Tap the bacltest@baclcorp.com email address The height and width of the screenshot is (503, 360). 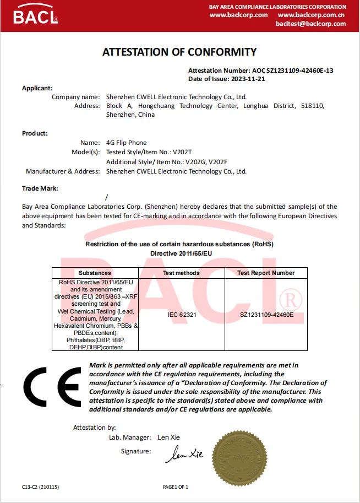coord(310,24)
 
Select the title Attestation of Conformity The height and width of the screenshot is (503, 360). coord(179,52)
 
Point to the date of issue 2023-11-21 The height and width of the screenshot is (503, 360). coord(248,79)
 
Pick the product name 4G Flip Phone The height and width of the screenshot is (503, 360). coord(127,143)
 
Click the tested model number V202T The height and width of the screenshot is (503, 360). coord(184,152)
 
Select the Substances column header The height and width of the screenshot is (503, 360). coord(95,273)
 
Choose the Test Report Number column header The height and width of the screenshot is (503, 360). coord(266,273)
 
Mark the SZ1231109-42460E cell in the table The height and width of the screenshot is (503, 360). coord(266,315)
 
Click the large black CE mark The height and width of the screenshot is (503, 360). coord(53,388)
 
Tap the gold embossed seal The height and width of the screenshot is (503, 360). coord(246,457)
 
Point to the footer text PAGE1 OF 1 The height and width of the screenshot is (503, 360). coord(176,487)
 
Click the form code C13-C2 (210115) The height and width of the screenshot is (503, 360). coord(40,487)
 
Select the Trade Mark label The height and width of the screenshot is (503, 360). coord(40,188)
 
